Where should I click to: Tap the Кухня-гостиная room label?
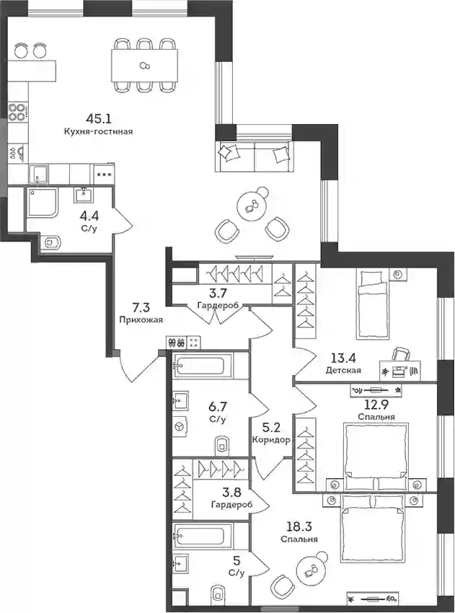(99, 132)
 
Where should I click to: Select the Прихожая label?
(141, 319)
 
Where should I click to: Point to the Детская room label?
(343, 370)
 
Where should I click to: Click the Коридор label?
(271, 440)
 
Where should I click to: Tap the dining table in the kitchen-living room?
(144, 66)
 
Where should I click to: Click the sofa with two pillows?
(255, 156)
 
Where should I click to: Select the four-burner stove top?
(17, 111)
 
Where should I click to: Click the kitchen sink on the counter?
(39, 174)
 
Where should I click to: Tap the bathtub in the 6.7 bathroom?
(199, 366)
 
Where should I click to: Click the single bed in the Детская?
(373, 304)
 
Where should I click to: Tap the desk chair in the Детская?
(402, 353)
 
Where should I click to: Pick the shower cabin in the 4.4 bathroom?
(42, 203)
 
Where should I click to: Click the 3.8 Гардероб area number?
(231, 492)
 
